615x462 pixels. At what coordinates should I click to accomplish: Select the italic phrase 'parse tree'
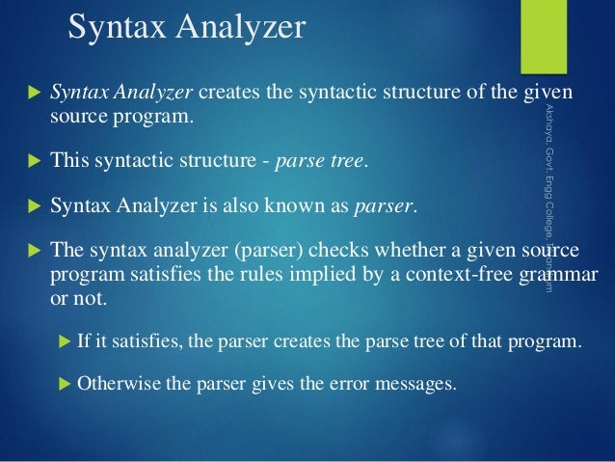coord(321,160)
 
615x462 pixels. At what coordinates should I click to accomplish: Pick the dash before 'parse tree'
coord(267,161)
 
